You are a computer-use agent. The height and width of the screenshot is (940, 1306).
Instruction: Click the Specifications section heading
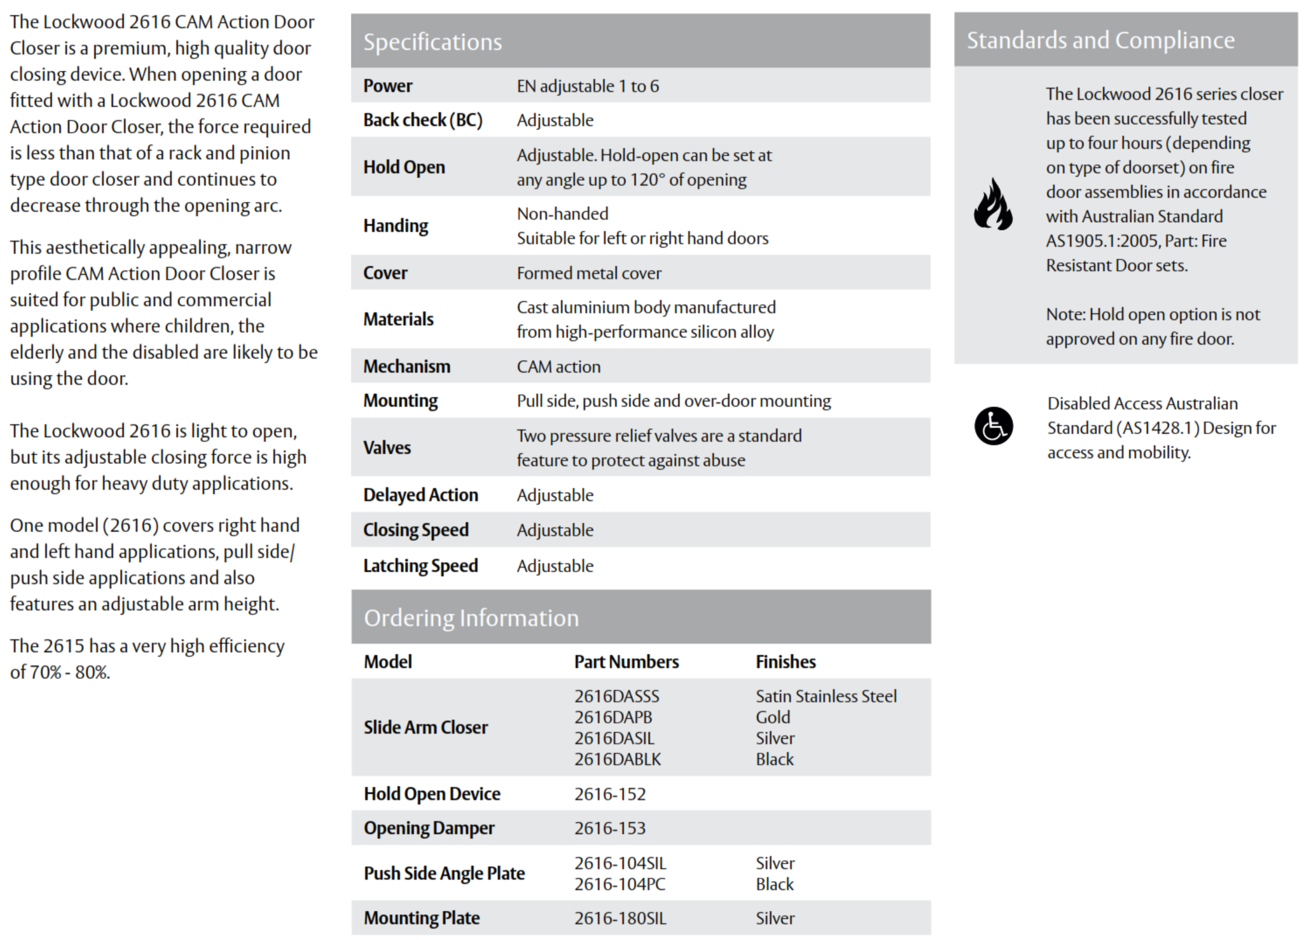click(x=432, y=42)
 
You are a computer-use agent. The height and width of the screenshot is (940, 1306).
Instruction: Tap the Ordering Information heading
click(x=471, y=618)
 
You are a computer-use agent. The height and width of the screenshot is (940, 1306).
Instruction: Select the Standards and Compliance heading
click(x=1100, y=40)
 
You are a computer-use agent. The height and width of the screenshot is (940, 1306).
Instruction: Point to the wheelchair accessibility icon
click(x=993, y=426)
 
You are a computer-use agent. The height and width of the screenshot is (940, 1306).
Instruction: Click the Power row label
click(x=388, y=86)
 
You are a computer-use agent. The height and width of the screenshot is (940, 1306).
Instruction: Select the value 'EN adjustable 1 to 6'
click(x=587, y=86)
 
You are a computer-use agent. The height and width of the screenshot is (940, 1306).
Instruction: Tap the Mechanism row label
click(x=407, y=367)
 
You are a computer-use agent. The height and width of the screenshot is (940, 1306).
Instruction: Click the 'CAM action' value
click(x=558, y=367)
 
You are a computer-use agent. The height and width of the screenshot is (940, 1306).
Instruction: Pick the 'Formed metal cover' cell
click(x=589, y=273)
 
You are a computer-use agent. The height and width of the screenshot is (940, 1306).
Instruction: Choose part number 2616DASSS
click(x=617, y=696)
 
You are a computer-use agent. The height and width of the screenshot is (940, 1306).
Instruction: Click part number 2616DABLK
click(x=618, y=759)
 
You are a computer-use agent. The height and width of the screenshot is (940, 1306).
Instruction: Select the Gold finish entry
click(x=773, y=717)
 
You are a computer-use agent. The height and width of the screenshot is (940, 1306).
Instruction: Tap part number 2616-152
click(x=610, y=794)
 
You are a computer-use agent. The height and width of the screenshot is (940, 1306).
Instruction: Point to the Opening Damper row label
click(x=429, y=828)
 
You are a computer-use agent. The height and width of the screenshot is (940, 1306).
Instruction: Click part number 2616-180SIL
click(x=620, y=918)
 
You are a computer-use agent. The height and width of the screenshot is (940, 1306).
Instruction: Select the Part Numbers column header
click(x=626, y=662)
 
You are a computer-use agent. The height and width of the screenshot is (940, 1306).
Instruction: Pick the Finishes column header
click(x=786, y=662)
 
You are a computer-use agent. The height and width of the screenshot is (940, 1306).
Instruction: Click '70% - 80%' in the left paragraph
click(x=69, y=673)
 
